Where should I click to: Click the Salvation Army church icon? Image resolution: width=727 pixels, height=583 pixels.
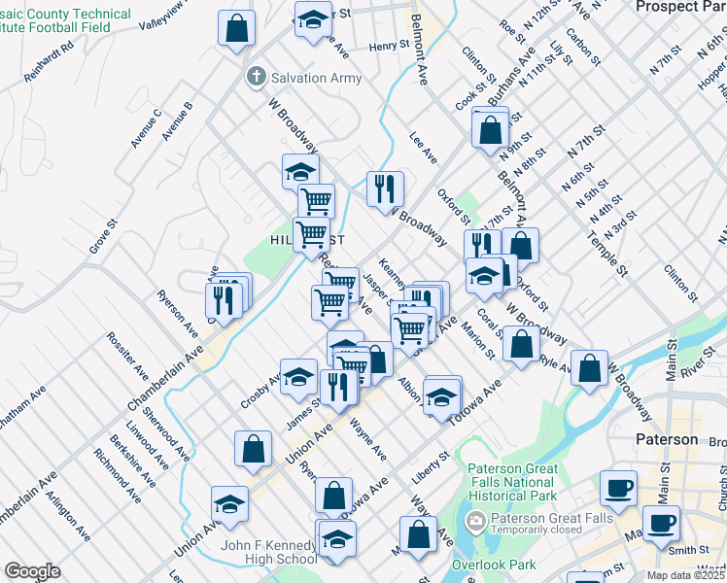[256, 76]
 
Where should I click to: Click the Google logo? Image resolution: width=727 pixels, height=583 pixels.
[32, 571]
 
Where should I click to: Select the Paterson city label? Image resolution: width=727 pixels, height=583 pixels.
[667, 439]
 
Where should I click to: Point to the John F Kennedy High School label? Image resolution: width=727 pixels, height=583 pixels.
[269, 552]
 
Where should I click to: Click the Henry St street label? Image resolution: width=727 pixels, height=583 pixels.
[389, 46]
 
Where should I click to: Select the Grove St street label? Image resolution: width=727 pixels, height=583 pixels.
[103, 236]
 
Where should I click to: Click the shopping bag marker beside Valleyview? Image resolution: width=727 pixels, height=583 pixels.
[236, 28]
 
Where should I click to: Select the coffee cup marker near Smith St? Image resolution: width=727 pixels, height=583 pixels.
[661, 524]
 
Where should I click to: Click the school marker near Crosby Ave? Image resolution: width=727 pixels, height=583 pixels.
[298, 376]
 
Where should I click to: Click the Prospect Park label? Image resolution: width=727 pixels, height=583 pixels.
[680, 7]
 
